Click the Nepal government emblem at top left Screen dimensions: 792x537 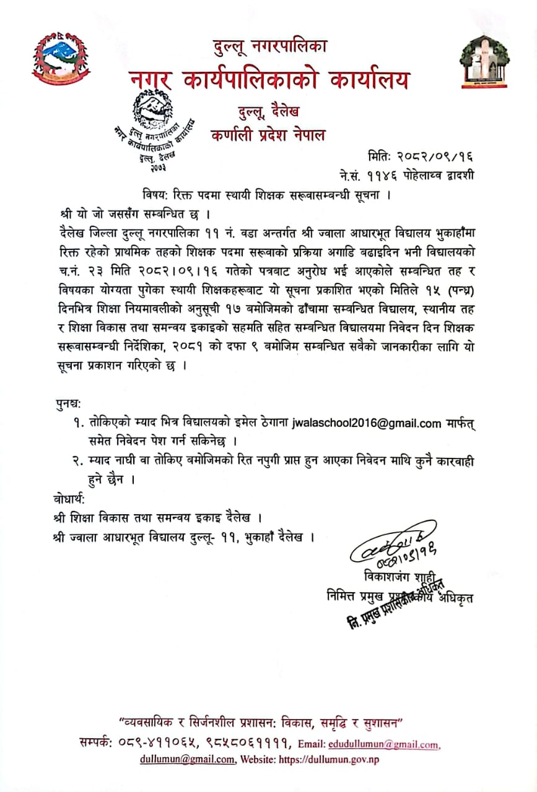(x=60, y=59)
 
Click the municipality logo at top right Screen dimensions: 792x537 (x=484, y=62)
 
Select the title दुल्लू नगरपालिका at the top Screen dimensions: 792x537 (x=269, y=46)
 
